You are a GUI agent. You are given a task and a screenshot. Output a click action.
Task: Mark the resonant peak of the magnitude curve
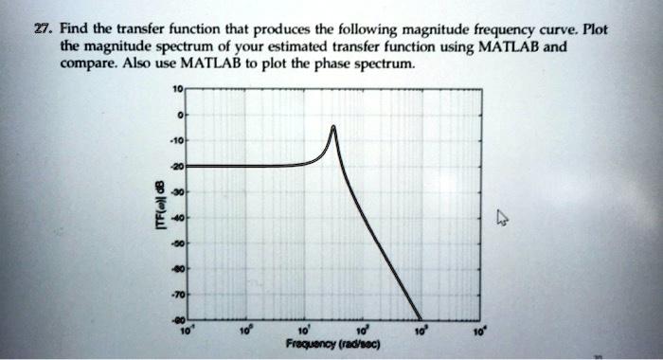tap(333, 126)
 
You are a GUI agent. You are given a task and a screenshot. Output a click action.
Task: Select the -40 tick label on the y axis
tap(175, 216)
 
